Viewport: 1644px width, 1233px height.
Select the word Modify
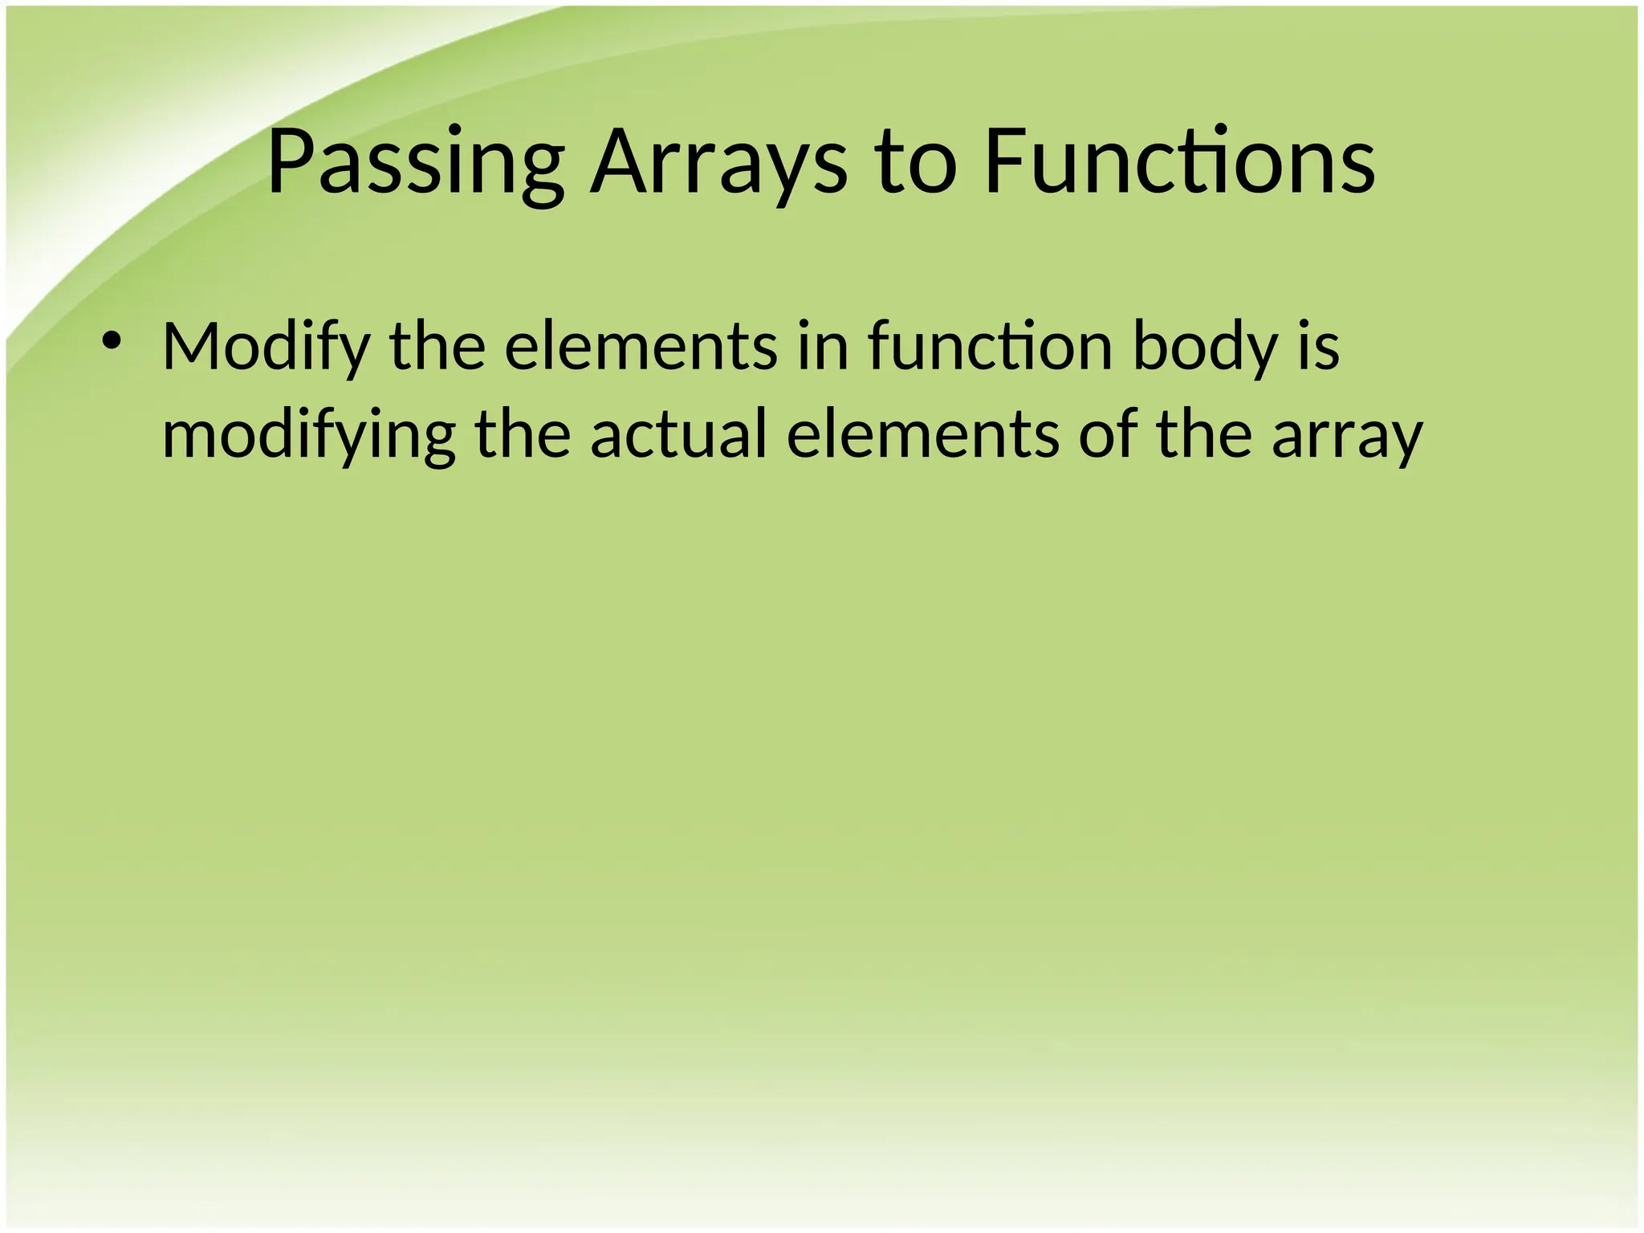pyautogui.click(x=266, y=348)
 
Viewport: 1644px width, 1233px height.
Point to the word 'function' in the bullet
pyautogui.click(x=990, y=348)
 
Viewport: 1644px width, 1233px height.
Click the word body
pyautogui.click(x=1204, y=348)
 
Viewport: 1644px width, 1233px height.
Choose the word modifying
pyautogui.click(x=308, y=436)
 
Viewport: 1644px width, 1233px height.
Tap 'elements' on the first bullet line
pyautogui.click(x=641, y=348)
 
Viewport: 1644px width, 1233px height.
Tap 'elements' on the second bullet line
pyautogui.click(x=922, y=434)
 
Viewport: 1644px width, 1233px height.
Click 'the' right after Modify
pyautogui.click(x=437, y=348)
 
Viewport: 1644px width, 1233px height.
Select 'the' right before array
pyautogui.click(x=1204, y=434)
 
